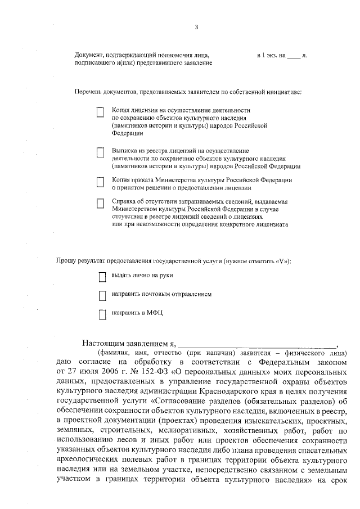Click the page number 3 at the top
coord(196,26)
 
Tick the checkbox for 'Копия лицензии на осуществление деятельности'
coord(100,113)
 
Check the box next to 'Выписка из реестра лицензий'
coord(100,152)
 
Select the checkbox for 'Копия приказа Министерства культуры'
coord(100,181)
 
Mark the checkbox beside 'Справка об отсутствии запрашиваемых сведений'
coord(100,204)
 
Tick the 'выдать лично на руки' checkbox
coord(102,276)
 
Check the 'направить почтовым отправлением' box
coord(102,295)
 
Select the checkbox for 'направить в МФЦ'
coord(102,314)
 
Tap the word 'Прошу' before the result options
coord(65,262)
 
